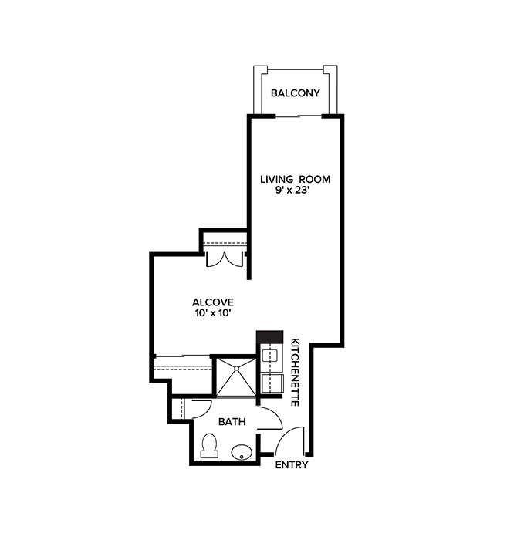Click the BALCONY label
point(294,95)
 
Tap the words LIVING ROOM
point(294,180)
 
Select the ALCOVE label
point(213,302)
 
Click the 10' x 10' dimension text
point(213,313)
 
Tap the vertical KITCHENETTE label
point(295,372)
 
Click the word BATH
point(232,422)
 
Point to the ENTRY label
point(292,465)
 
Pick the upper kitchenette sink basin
point(272,356)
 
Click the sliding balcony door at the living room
point(299,116)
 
